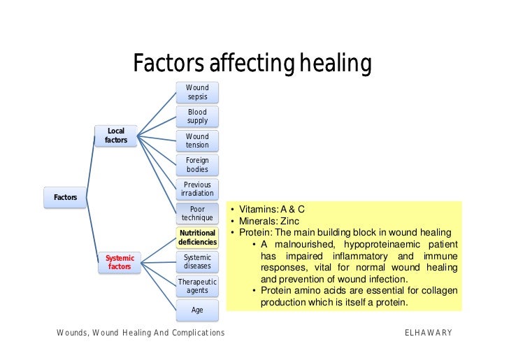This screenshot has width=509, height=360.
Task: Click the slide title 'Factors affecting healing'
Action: (252, 64)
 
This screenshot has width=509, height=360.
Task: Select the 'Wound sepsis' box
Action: (197, 92)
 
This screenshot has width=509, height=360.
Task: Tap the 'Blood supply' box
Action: (197, 116)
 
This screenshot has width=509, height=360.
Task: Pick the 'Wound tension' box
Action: (197, 141)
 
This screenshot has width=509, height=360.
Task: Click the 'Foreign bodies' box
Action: (197, 165)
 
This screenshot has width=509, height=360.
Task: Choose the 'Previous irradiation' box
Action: (197, 189)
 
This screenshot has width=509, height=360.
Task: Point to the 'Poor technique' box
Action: (197, 213)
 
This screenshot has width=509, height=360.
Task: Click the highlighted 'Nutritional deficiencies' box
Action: (197, 238)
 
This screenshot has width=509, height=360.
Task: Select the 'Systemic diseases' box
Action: (197, 262)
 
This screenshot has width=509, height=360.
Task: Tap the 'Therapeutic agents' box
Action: (197, 286)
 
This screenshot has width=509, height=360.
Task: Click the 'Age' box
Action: (197, 310)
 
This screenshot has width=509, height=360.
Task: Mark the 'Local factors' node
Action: (116, 136)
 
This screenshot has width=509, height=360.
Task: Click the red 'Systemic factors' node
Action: (120, 262)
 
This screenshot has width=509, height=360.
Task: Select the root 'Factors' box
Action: (65, 197)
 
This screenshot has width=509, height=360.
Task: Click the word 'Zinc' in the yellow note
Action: (290, 221)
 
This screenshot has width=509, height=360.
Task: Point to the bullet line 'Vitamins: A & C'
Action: (272, 210)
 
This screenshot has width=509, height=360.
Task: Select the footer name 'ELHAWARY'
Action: (429, 333)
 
